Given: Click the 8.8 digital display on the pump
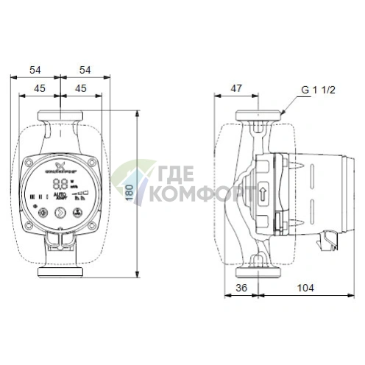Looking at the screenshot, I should coord(63,185).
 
